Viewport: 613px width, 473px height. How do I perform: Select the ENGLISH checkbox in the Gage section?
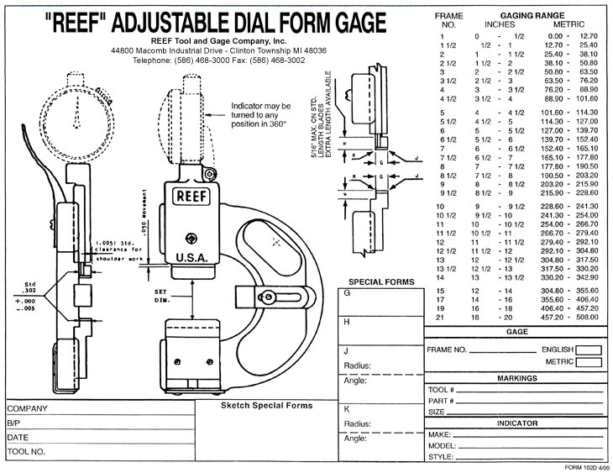(589, 349)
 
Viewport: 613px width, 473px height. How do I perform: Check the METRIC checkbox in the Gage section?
(589, 362)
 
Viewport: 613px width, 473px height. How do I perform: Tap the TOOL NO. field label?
(29, 451)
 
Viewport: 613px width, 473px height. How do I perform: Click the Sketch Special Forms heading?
(266, 406)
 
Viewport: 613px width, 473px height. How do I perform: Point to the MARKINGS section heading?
(516, 379)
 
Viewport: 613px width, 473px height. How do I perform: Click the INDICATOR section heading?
(516, 423)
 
